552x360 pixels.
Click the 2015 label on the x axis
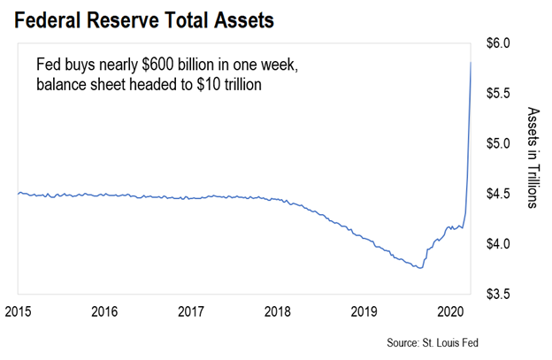pyautogui.click(x=19, y=311)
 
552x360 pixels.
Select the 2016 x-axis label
pyautogui.click(x=105, y=311)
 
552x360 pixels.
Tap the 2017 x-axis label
pyautogui.click(x=191, y=311)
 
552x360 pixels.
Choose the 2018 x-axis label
pyautogui.click(x=278, y=311)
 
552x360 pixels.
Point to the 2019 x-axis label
pyautogui.click(x=364, y=311)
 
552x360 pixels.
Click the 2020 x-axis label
pyautogui.click(x=450, y=311)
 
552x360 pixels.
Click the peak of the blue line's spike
pyautogui.click(x=471, y=62)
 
